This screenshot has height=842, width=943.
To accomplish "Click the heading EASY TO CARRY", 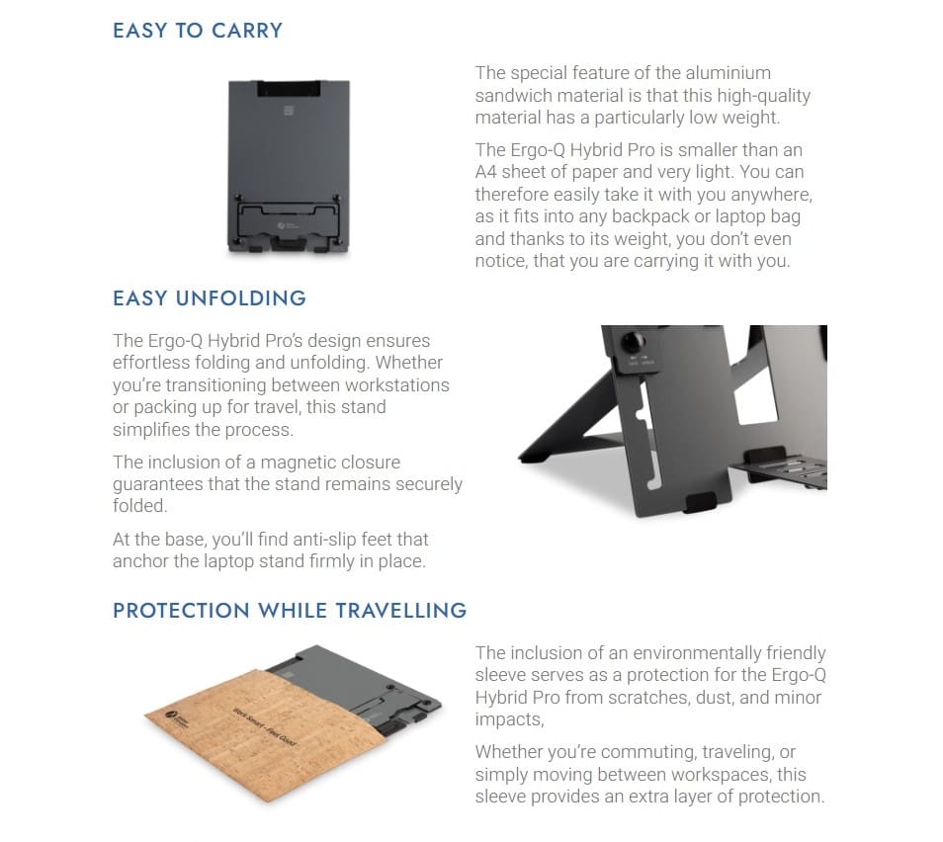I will point(198,31).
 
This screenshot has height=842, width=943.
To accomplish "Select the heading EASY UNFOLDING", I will point(210,298).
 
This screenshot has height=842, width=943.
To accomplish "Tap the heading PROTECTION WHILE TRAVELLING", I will point(290,610).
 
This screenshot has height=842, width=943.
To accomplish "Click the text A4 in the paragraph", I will point(487,173).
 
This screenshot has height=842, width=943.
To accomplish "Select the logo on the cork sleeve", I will point(176,718).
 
